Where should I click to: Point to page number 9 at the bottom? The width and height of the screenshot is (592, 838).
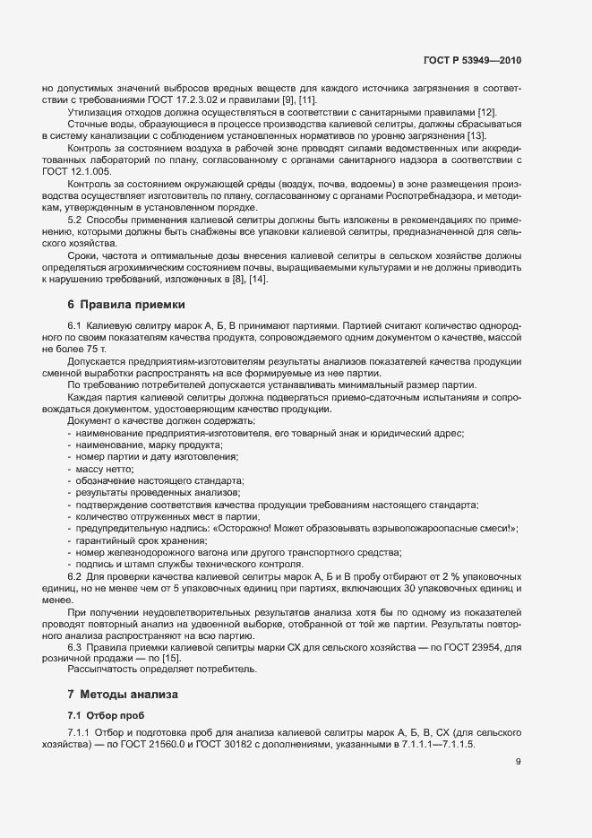518,763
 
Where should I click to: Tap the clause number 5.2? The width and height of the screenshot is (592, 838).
75,219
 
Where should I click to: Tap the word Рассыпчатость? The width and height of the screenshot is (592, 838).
102,670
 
